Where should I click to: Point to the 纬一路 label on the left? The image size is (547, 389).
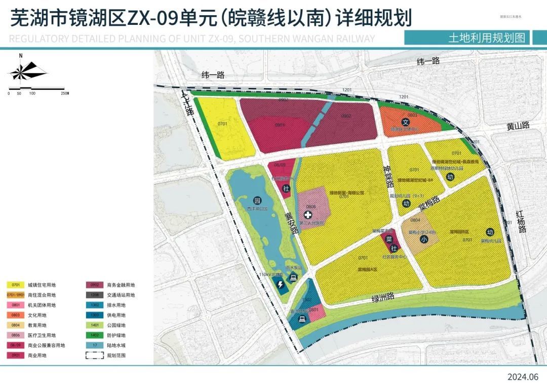pyautogui.click(x=213, y=75)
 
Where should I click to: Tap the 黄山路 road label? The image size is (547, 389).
pyautogui.click(x=517, y=126)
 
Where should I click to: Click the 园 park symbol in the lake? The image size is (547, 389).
pyautogui.click(x=256, y=201)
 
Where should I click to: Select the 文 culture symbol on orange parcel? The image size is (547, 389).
pyautogui.click(x=405, y=122)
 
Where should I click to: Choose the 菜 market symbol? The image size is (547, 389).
pyautogui.click(x=389, y=239)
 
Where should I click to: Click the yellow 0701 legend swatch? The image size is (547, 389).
pyautogui.click(x=16, y=285)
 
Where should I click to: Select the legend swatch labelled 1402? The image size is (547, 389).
pyautogui.click(x=95, y=335)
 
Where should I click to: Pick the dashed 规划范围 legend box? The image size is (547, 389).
pyautogui.click(x=95, y=356)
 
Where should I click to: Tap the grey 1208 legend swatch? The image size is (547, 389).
pyautogui.click(x=95, y=295)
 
